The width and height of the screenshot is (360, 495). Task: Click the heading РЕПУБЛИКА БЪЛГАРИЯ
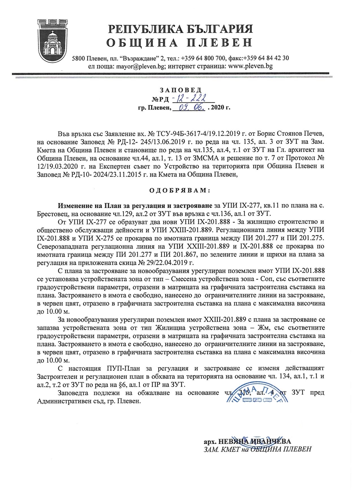click(181, 29)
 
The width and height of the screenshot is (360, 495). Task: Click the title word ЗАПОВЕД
click(181, 90)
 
